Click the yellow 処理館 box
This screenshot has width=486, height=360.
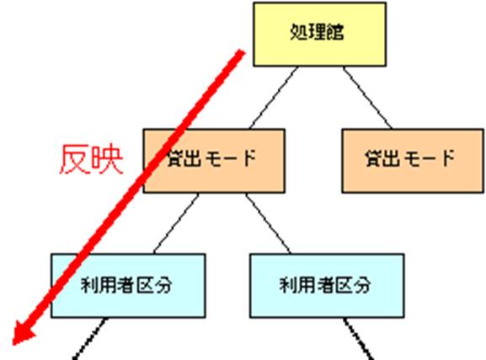pos(319,34)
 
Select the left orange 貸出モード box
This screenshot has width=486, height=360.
pos(214,161)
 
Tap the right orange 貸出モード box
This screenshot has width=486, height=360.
pos(413,161)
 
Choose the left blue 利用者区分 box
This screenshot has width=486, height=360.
pos(128,286)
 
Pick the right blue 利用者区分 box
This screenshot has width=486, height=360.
pos(327,286)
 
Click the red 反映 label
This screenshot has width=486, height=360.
pos(91,159)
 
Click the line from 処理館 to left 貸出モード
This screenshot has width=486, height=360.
pos(274,98)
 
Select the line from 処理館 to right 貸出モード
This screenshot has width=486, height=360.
pos(367,98)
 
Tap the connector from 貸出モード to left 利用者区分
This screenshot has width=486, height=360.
pos(176,223)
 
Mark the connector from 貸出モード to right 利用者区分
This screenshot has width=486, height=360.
pos(268,223)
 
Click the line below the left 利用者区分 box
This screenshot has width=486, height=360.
pos(90,339)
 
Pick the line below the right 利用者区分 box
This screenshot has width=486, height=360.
pos(358,339)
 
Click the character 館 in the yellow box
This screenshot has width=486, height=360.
pos(335,32)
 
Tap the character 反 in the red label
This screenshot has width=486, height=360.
pos(74,159)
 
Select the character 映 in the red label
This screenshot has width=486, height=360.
pos(107,159)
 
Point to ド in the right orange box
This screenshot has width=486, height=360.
pos(446,158)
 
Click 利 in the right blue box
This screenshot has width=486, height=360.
pos(288,285)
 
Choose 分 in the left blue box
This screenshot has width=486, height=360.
pos(163,285)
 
